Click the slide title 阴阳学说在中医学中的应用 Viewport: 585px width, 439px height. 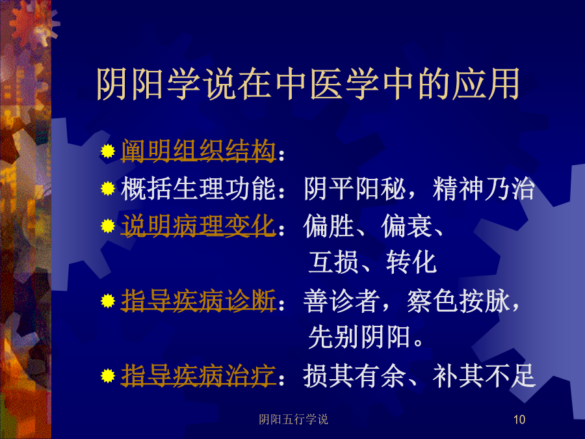pyautogui.click(x=308, y=84)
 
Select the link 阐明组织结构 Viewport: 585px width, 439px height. pyautogui.click(x=198, y=151)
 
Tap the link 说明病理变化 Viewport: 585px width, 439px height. pyautogui.click(x=198, y=226)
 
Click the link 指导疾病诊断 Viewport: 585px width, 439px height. pyautogui.click(x=198, y=300)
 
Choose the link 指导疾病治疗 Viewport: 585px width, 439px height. pyautogui.click(x=198, y=375)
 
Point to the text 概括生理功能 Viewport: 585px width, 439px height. pyautogui.click(x=198, y=189)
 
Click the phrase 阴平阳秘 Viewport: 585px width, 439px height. pyautogui.click(x=355, y=189)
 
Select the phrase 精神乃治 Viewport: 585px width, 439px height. pyautogui.click(x=484, y=189)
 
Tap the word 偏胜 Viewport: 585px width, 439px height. pyautogui.click(x=329, y=226)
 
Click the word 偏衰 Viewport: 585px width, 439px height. pyautogui.click(x=406, y=226)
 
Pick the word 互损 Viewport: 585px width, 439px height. pyautogui.click(x=334, y=262)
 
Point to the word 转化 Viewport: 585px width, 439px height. pyautogui.click(x=411, y=262)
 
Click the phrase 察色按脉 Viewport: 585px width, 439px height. pyautogui.click(x=458, y=300)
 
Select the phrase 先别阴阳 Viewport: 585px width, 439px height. pyautogui.click(x=359, y=337)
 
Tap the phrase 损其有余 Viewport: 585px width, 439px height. pyautogui.click(x=354, y=375)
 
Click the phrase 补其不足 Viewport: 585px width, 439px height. pyautogui.click(x=484, y=375)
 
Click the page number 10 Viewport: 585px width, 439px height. pyautogui.click(x=519, y=419)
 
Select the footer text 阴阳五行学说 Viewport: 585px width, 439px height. pyautogui.click(x=294, y=419)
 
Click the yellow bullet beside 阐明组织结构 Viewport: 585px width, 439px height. pyautogui.click(x=108, y=151)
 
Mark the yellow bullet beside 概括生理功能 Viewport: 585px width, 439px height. pyautogui.click(x=108, y=189)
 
